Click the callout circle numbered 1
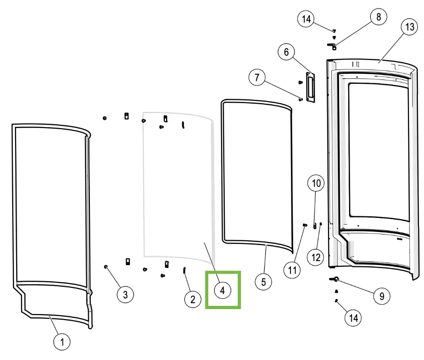[62, 342]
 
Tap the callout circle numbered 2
[193, 300]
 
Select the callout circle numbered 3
[125, 295]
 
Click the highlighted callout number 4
[222, 290]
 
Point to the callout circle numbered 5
[263, 282]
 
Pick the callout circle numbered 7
[257, 78]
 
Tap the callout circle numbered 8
[378, 18]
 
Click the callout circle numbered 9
[382, 296]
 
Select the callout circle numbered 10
[316, 183]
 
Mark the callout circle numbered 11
[293, 271]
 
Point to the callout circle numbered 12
[316, 258]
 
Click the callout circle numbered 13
[410, 27]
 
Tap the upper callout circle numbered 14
[306, 19]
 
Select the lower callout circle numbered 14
[353, 318]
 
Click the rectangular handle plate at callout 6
[310, 87]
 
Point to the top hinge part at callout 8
[332, 45]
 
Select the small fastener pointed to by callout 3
[106, 266]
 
